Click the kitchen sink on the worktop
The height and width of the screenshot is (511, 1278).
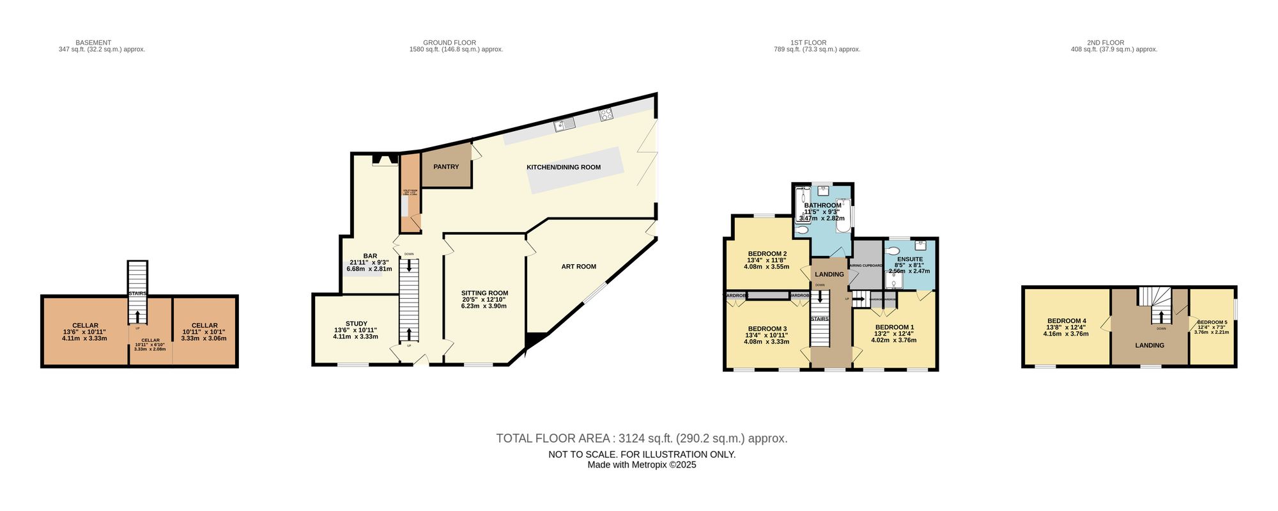pos(565,123)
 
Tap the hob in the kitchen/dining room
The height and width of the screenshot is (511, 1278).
pos(606,114)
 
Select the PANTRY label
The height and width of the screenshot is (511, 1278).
pos(446,167)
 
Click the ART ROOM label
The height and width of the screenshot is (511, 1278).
pos(578,267)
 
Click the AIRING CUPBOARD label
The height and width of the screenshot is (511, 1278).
pos(865,265)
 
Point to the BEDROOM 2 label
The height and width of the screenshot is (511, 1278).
pos(767,254)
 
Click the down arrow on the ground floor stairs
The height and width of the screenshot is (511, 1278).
pos(409,264)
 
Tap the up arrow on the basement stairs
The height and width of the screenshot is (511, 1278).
pos(137,316)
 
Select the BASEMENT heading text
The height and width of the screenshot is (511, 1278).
pos(93,43)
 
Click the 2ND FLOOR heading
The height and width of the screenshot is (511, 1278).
pos(1113,43)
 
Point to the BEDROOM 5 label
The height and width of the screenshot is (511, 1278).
pos(1212,322)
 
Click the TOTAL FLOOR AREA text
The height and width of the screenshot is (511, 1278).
pos(553,439)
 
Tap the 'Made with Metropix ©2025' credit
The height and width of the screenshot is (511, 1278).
pos(642,465)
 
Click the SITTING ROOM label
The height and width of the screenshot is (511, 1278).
pos(484,294)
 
